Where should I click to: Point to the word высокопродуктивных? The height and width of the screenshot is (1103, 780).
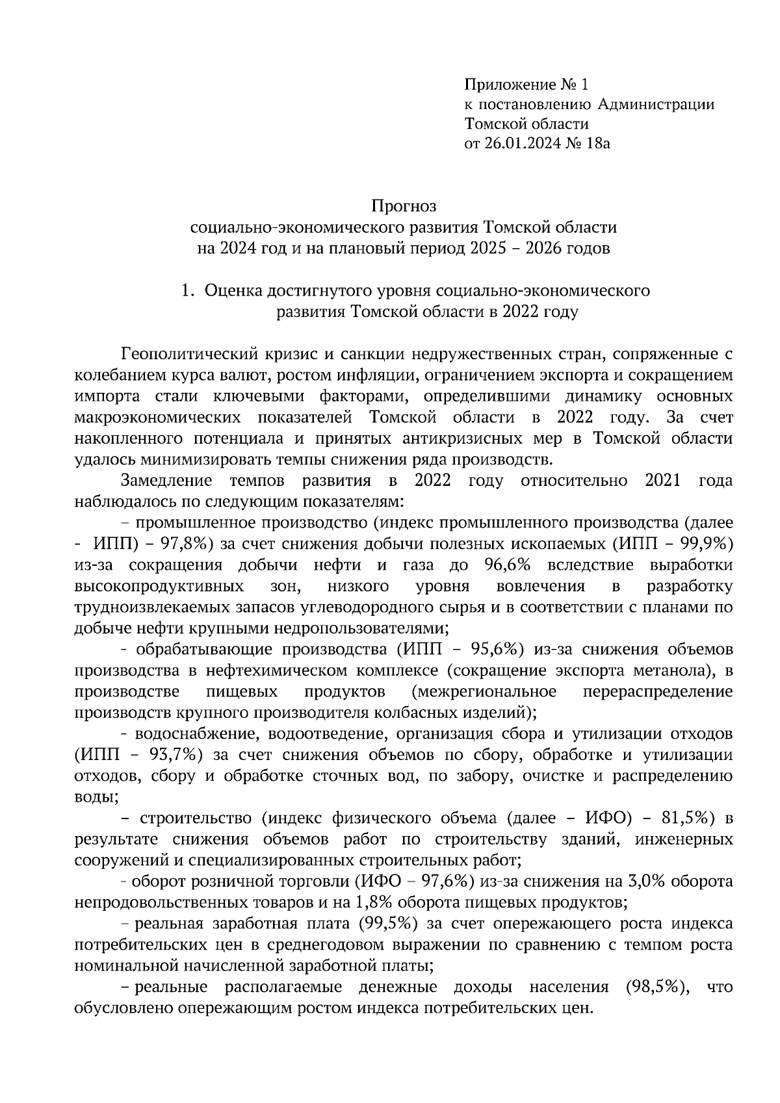point(159,587)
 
